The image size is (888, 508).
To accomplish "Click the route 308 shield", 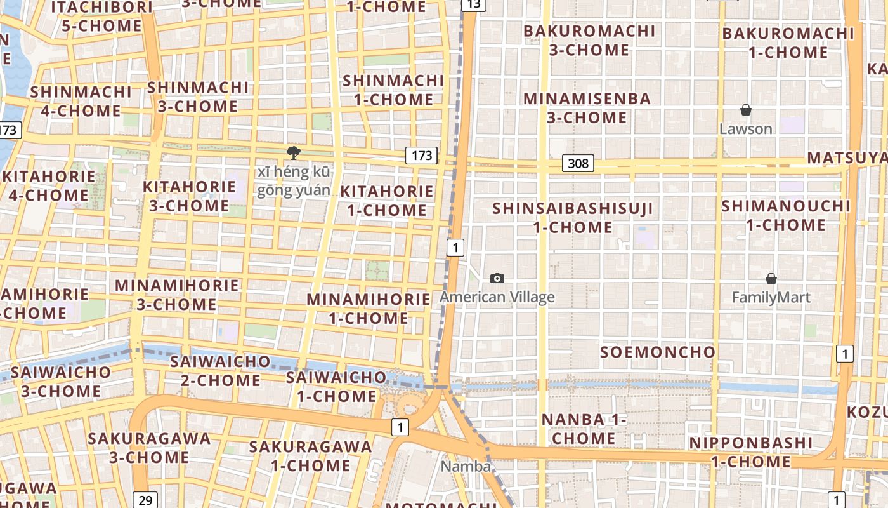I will [578, 164].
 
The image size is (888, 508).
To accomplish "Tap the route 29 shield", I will [145, 500].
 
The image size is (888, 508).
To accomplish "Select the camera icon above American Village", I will [497, 278].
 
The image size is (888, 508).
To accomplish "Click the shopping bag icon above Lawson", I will [746, 110].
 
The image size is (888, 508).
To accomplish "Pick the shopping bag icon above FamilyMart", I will [771, 279].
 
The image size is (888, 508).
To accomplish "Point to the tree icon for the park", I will [293, 152].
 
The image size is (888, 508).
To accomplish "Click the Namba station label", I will [466, 467].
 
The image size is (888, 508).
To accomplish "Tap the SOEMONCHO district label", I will [658, 352].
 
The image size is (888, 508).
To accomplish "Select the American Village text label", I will [497, 297].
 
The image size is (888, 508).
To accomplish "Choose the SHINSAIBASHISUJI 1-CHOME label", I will [573, 217].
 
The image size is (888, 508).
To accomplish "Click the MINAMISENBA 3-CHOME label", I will [587, 108].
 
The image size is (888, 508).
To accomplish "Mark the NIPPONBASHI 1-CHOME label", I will [751, 452].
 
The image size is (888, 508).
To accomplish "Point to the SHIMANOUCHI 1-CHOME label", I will [786, 215].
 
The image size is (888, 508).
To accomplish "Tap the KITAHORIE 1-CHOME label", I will [387, 201].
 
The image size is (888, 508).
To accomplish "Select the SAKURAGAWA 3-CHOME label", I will [149, 448].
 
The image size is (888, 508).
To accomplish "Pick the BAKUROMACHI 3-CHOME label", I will [589, 40].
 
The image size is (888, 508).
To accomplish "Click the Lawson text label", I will [746, 129].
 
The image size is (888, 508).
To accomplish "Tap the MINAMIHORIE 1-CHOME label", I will [369, 308].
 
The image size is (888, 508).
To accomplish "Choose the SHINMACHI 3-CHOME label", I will [198, 97].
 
